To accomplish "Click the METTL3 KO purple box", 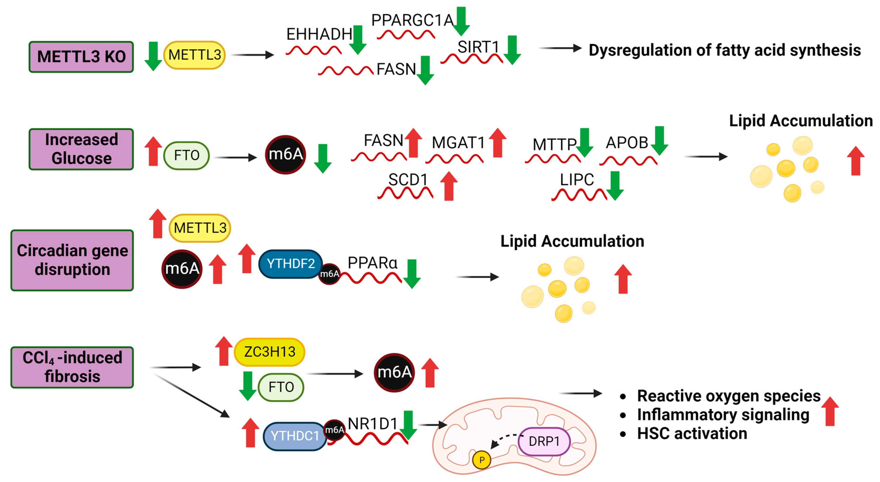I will pos(81,57).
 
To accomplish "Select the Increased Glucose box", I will pos(81,149).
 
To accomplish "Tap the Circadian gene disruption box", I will pos(72,260).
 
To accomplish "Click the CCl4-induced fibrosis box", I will pos(72,367).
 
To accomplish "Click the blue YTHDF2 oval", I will pos(290,264).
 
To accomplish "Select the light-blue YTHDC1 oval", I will pos(294,436).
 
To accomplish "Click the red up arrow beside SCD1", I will pos(449,186).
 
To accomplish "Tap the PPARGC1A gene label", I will pos(412,20).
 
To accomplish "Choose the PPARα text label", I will pos(372,263).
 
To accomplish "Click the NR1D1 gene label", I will pos(372,424).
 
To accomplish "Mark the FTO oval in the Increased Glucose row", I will pos(187,155).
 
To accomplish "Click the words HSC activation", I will pos(692,433).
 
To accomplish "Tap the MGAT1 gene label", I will pos(458,143).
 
